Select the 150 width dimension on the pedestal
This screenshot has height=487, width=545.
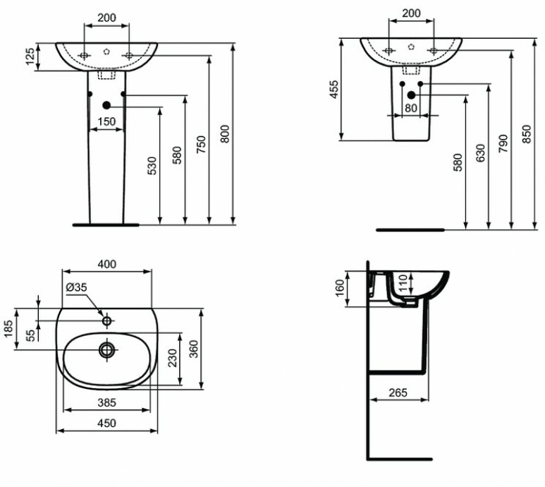click(106, 122)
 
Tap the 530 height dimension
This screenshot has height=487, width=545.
click(153, 166)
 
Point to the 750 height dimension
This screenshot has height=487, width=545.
click(201, 144)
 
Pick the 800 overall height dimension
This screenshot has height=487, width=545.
click(225, 134)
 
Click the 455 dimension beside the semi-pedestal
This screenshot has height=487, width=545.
click(335, 89)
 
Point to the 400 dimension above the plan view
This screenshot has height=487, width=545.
click(106, 264)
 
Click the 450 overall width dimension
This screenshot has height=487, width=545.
click(106, 423)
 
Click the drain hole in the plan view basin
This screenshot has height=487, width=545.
click(106, 349)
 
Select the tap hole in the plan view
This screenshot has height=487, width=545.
click(106, 321)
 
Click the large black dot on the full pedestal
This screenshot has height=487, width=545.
click(106, 105)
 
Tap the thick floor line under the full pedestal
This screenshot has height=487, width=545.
click(106, 224)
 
